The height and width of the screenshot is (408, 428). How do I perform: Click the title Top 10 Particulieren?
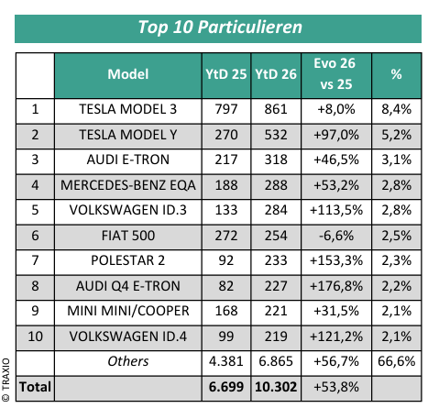click(x=220, y=28)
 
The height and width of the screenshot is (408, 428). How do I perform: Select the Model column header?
click(x=128, y=74)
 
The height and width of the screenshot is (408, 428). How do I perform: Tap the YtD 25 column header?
click(x=226, y=74)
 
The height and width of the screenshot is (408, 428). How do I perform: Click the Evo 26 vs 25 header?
click(x=335, y=73)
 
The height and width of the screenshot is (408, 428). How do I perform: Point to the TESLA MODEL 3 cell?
click(x=128, y=109)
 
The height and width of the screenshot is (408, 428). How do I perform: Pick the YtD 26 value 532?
click(x=276, y=135)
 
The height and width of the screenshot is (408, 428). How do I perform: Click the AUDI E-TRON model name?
click(x=128, y=160)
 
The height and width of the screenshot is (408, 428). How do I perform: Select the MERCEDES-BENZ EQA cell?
click(x=128, y=185)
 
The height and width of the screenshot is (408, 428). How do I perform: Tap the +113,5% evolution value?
click(x=336, y=210)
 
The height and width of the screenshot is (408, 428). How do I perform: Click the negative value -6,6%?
click(x=336, y=236)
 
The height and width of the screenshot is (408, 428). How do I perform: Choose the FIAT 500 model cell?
click(x=128, y=236)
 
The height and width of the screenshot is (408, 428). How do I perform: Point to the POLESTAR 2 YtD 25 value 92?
click(x=226, y=260)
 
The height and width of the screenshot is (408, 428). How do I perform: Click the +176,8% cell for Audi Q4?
click(x=336, y=286)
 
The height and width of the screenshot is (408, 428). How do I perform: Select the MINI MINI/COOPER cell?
click(x=128, y=311)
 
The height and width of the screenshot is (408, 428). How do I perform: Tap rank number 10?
click(x=35, y=336)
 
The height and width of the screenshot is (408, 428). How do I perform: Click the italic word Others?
click(x=128, y=361)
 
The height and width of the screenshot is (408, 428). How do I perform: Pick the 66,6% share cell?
click(x=396, y=361)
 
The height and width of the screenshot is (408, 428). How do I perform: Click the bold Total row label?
click(x=35, y=387)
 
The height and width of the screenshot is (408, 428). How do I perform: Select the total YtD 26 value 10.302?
click(x=276, y=387)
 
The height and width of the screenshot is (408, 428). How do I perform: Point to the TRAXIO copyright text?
click(x=5, y=380)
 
